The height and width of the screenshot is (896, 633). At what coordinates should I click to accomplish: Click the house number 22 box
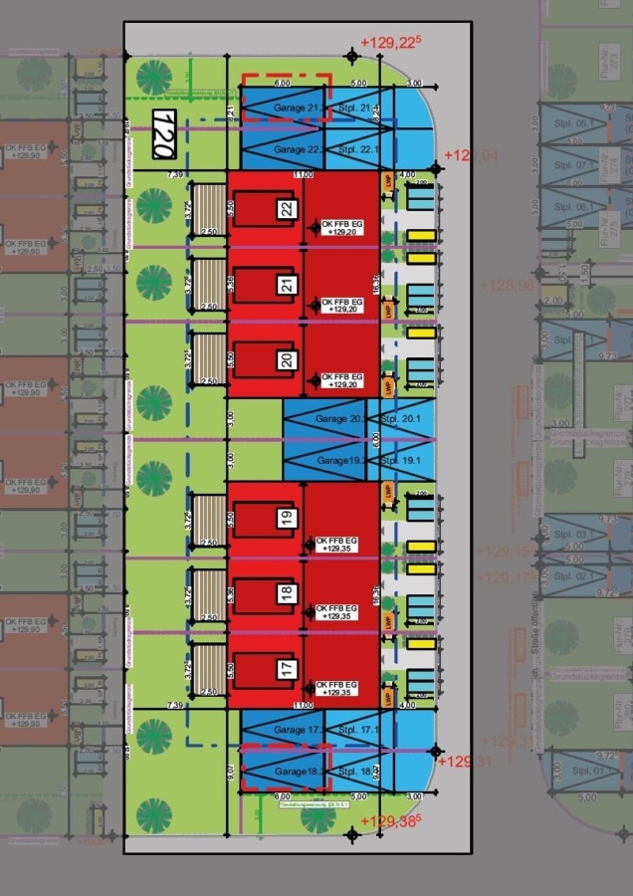[287, 210]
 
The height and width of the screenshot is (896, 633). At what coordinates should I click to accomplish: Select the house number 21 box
[287, 286]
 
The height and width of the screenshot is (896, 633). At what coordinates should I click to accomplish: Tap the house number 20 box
[287, 359]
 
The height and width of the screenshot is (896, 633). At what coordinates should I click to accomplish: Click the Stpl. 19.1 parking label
[401, 461]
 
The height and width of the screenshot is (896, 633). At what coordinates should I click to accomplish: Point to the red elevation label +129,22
[391, 43]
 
